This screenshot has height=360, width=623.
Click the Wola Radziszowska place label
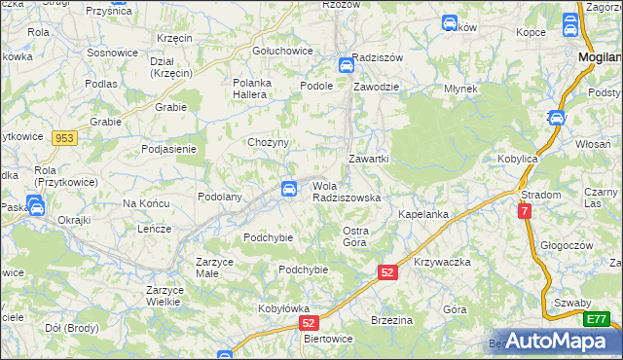pos(346,191)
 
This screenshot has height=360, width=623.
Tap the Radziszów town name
pos(378,55)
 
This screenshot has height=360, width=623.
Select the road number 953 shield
pos(64,138)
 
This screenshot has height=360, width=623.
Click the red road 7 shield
pos(526,210)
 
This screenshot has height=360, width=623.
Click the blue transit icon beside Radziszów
pos(346,66)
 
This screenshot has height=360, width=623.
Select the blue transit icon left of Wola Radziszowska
pos(288,189)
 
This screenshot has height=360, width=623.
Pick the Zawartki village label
pos(369,158)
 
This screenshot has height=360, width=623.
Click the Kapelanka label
pos(422,213)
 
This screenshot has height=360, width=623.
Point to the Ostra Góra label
pos(354,235)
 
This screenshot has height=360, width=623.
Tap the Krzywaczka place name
pos(442,263)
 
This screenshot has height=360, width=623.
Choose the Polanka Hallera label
pos(256,90)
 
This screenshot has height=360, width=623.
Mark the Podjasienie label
pos(169,149)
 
